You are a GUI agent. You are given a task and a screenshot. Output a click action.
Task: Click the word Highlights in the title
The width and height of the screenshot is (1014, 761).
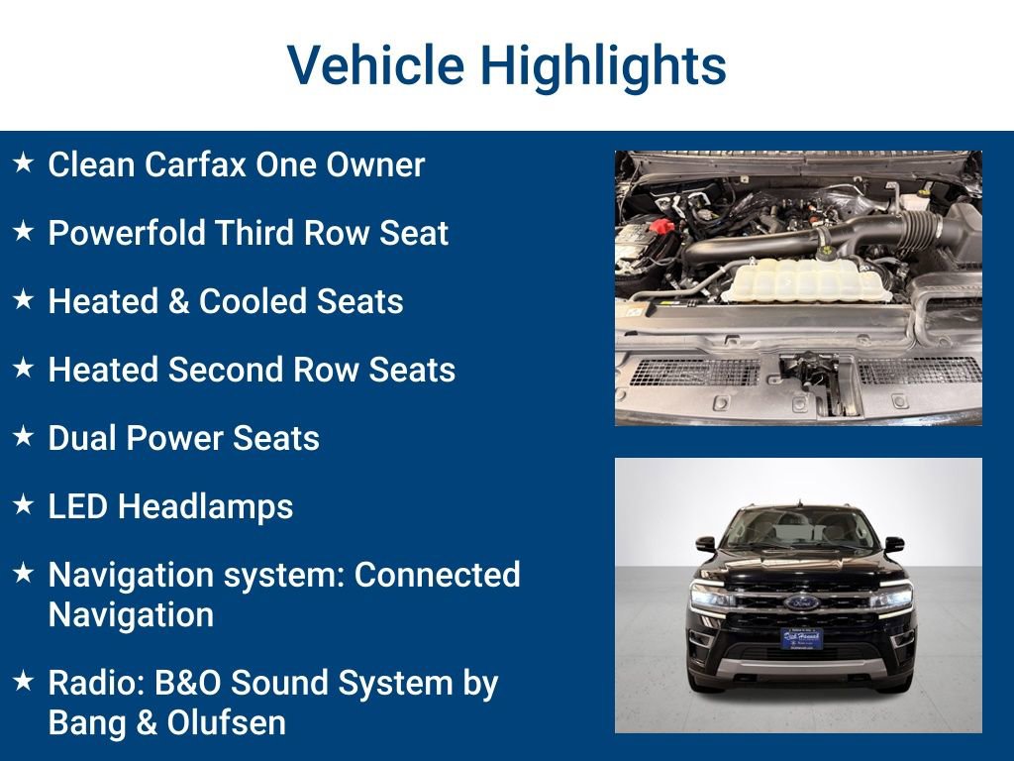[604, 65]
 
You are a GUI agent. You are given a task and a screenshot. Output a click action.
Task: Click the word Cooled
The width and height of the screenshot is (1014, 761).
[266, 301]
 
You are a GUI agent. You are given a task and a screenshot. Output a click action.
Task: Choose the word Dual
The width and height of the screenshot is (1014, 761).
[83, 438]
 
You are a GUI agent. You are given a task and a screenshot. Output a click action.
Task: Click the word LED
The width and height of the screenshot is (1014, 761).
[78, 506]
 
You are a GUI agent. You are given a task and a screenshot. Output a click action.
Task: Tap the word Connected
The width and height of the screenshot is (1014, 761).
[437, 575]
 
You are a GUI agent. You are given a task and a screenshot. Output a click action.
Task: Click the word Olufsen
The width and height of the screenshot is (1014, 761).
[227, 722]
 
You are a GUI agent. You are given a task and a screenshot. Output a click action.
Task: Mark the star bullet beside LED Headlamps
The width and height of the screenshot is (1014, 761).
[24, 505]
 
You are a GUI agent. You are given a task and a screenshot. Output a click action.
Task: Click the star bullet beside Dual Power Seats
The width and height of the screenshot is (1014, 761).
[24, 437]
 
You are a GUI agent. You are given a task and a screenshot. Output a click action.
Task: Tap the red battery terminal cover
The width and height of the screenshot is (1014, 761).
[660, 227]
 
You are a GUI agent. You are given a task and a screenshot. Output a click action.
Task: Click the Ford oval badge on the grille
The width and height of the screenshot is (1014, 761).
[800, 601]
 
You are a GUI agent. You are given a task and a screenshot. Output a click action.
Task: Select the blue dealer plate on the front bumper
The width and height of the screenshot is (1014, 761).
[801, 638]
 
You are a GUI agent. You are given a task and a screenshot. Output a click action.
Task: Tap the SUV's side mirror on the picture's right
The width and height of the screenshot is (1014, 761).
[894, 544]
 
